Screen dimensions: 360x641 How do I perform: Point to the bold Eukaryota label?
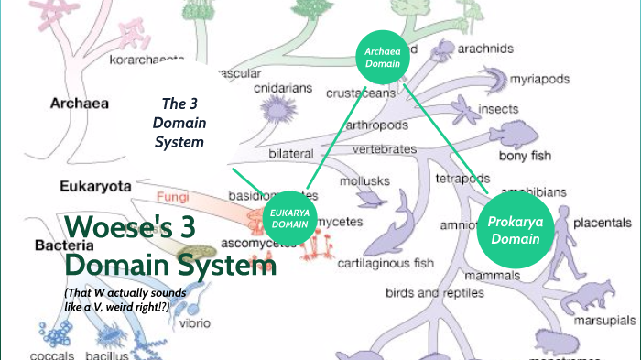point(94,186)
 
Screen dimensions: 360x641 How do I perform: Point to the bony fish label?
point(526,156)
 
